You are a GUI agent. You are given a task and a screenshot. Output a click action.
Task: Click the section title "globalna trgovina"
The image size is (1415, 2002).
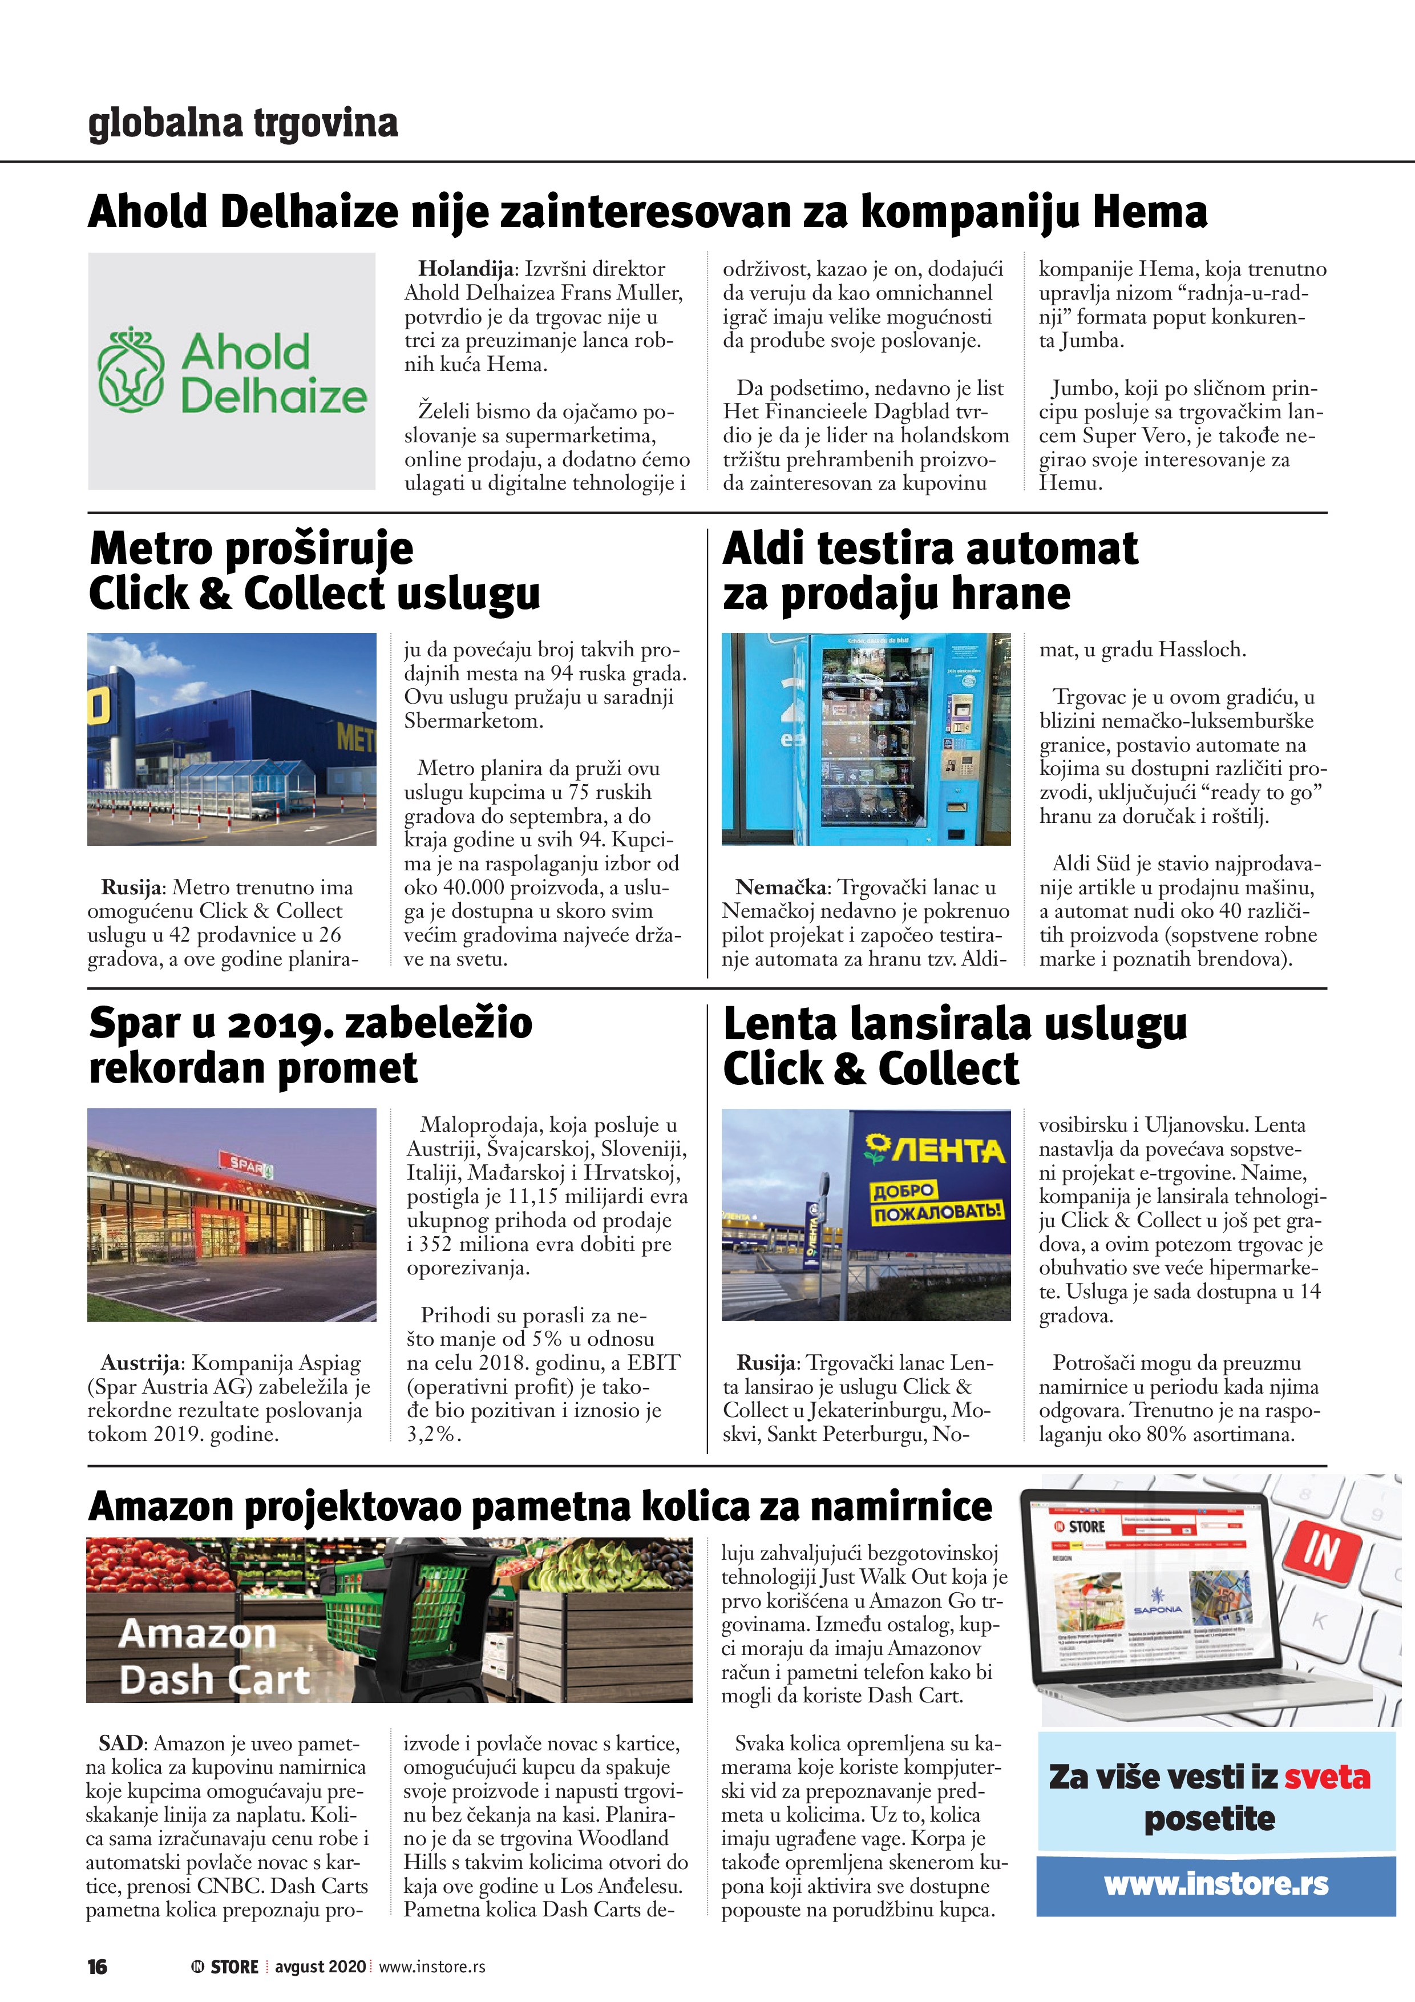[x=242, y=123]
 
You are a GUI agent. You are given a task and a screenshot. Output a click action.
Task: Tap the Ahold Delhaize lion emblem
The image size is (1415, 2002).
[x=131, y=370]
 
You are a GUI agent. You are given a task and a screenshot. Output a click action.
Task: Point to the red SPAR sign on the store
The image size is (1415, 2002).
[x=246, y=1163]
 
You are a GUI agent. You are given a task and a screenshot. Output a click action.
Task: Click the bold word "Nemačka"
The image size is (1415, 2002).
[x=781, y=887]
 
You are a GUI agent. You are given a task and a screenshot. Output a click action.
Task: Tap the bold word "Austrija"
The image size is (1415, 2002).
[x=141, y=1362]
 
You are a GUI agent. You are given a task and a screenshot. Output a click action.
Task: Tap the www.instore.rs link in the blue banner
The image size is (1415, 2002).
[x=1216, y=1884]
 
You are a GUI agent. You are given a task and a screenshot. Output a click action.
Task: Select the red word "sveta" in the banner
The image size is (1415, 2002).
[x=1327, y=1776]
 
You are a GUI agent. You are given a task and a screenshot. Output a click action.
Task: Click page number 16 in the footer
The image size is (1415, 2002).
[x=97, y=1966]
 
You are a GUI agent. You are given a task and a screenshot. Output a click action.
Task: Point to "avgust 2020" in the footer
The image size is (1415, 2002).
[x=320, y=1966]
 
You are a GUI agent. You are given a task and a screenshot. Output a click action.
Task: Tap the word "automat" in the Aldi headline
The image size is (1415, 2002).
[x=1052, y=550]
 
